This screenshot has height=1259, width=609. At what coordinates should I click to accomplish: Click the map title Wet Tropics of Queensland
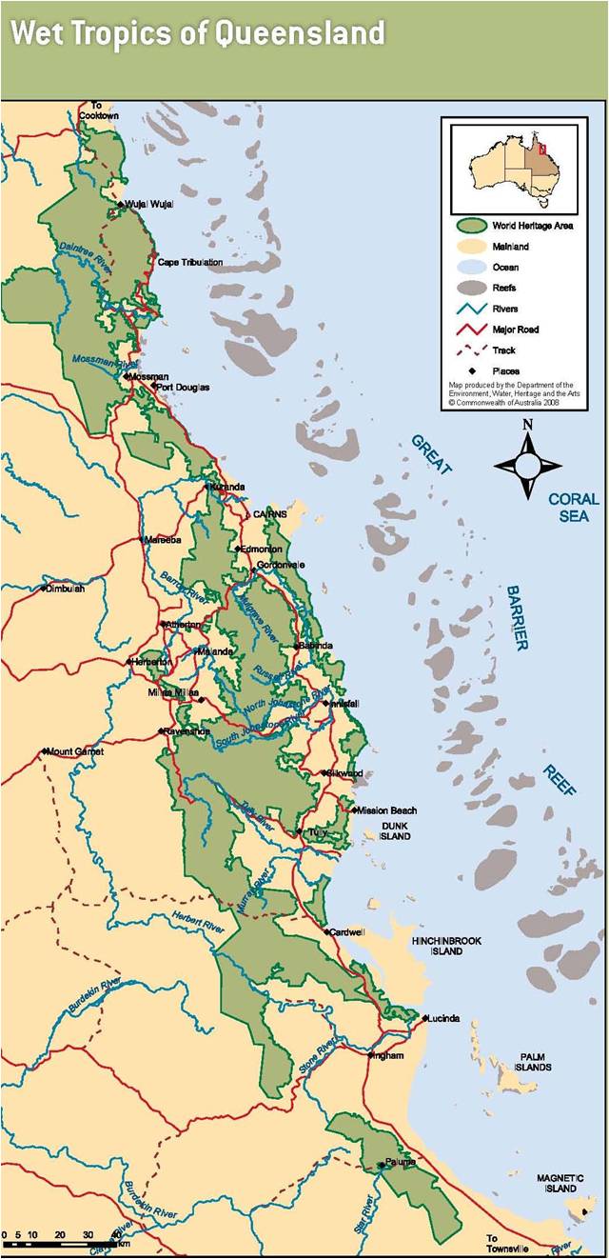click(x=197, y=33)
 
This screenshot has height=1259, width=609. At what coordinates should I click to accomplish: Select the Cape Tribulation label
click(x=190, y=262)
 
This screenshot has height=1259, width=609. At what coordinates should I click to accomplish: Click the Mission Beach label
click(x=385, y=810)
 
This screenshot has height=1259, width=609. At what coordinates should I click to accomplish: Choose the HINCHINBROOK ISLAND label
click(x=446, y=946)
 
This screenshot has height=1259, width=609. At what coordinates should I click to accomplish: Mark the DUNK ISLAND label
click(x=395, y=830)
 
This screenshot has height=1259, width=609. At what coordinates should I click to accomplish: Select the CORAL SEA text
click(x=573, y=507)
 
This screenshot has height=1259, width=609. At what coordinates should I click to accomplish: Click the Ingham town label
click(x=390, y=1055)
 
